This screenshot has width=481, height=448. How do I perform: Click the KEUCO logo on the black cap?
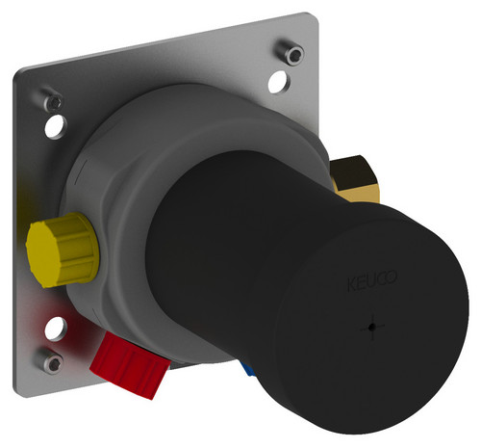click(372, 281)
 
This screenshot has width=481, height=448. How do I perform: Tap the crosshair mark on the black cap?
click(372, 327)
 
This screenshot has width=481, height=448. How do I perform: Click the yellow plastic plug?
click(62, 250)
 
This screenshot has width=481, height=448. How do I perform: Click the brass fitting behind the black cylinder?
click(355, 178)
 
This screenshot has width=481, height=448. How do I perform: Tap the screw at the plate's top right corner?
click(291, 52)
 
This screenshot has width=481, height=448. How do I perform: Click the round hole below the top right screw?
click(279, 82)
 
